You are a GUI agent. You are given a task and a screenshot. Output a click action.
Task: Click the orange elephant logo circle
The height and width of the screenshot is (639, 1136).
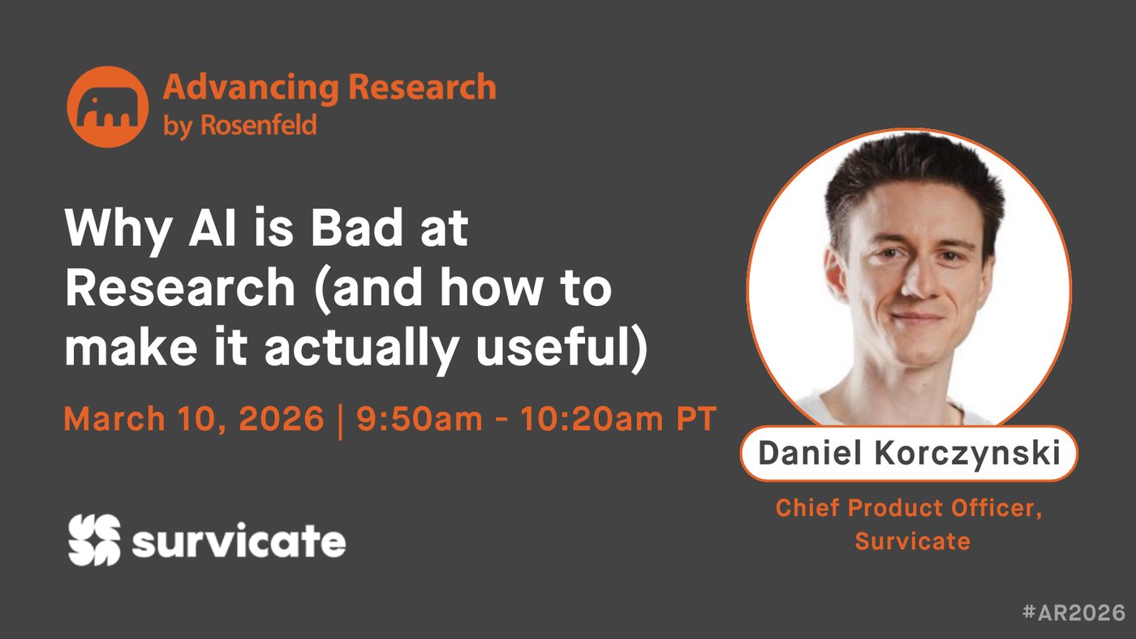click(x=107, y=106)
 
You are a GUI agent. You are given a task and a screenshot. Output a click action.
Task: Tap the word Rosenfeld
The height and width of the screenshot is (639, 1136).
click(x=259, y=124)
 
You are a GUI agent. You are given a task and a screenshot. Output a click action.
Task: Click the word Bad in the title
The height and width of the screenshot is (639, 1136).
click(x=360, y=228)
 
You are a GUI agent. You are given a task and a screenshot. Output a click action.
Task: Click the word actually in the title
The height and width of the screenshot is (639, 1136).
click(x=362, y=350)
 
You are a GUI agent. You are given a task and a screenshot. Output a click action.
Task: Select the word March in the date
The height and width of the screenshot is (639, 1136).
click(x=114, y=419)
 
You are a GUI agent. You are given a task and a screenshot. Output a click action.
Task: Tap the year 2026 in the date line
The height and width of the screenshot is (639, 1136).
click(x=281, y=419)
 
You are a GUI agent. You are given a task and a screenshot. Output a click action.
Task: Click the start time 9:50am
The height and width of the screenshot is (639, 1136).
click(x=420, y=419)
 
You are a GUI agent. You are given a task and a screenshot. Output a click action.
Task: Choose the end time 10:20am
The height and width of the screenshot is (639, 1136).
click(x=592, y=419)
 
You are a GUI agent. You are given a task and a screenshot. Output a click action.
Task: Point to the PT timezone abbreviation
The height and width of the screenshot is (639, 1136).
click(x=697, y=419)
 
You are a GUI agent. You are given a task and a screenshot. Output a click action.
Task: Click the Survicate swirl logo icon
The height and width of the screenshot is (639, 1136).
click(x=94, y=540)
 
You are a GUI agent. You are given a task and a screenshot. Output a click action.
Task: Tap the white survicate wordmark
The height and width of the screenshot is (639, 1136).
click(x=239, y=541)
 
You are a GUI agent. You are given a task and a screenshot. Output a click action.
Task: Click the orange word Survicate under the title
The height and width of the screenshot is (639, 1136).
click(x=912, y=541)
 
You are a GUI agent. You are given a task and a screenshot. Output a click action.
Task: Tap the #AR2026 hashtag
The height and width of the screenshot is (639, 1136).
click(x=1074, y=612)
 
